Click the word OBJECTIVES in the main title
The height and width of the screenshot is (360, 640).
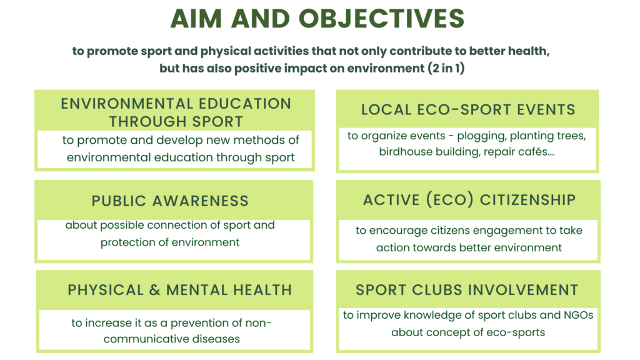click(382, 19)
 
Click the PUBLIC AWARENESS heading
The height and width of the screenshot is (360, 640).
click(170, 201)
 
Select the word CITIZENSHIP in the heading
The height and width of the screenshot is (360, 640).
click(527, 200)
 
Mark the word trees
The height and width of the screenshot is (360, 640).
click(571, 136)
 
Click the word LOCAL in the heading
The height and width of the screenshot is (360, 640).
click(386, 110)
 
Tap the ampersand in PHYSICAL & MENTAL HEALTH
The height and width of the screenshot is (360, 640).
click(155, 290)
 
